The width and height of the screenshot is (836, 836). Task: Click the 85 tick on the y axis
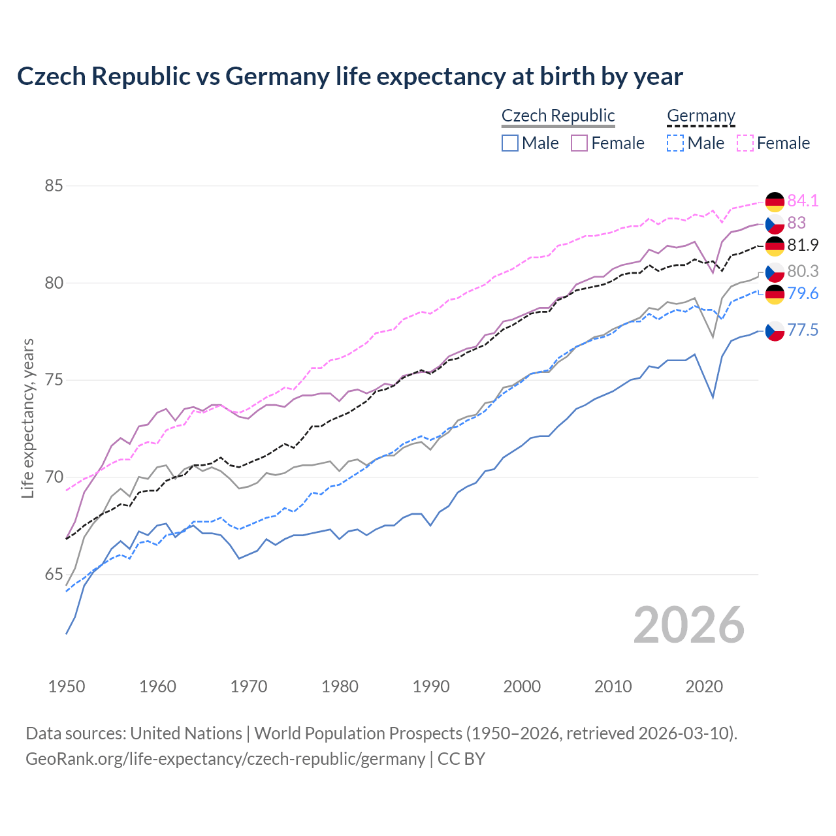54,186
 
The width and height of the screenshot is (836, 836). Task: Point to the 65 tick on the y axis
54,575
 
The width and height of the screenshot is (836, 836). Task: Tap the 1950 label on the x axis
67,686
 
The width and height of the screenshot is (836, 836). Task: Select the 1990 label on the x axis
431,686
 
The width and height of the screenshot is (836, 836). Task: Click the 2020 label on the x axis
704,686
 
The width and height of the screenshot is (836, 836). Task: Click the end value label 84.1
803,201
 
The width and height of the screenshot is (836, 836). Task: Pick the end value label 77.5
803,330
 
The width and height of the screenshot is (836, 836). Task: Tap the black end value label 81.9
803,245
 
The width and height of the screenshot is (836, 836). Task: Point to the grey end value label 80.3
803,271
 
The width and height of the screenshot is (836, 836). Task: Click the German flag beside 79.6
775,294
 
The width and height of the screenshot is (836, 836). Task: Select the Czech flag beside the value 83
775,223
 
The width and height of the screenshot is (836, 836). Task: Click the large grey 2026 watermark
689,625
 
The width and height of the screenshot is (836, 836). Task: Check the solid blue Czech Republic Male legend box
510,143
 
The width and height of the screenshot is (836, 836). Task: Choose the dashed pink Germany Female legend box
745,143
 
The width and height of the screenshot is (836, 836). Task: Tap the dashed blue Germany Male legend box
675,143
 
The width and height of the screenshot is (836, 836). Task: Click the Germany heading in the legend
701,116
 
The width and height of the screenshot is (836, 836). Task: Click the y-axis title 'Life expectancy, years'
28,418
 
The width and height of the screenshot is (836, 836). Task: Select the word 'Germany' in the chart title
278,76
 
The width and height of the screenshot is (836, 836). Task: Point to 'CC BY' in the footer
461,759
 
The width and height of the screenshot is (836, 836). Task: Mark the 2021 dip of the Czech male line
713,397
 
